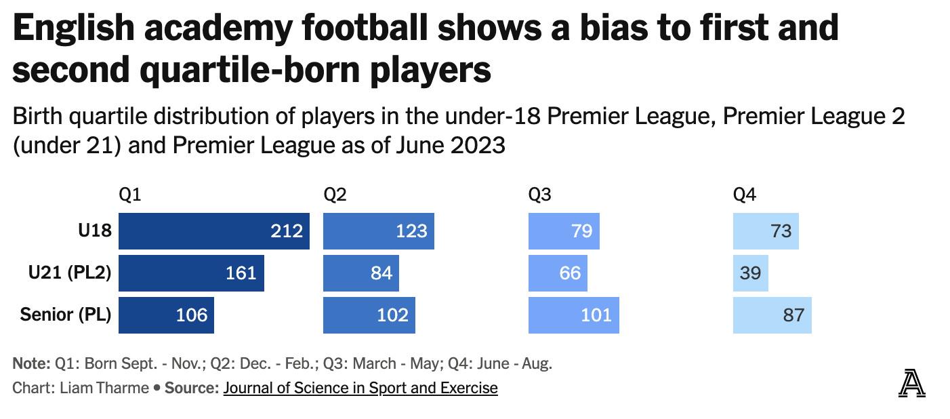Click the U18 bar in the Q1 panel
click(213, 231)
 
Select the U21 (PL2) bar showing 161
click(191, 273)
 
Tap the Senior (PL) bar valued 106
click(166, 315)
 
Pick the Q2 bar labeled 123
click(378, 231)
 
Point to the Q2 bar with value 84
click(360, 273)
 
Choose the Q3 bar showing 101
click(573, 315)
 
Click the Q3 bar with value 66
click(558, 273)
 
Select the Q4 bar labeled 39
click(750, 273)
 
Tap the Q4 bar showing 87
click(772, 315)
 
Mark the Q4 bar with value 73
click(766, 231)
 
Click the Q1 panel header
click(129, 195)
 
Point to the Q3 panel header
click(539, 195)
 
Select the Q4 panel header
click(744, 195)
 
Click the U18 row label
click(94, 231)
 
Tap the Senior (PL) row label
click(66, 315)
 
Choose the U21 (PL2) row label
click(70, 273)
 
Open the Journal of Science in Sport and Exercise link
click(360, 388)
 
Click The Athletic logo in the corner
click(911, 384)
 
